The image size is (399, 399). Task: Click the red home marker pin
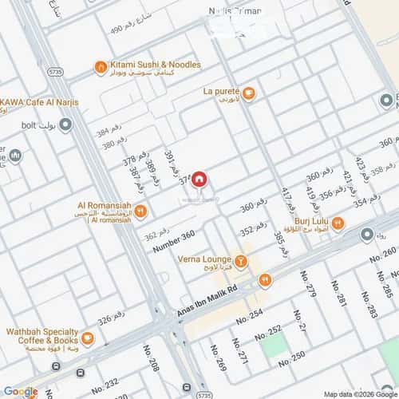[x=199, y=180]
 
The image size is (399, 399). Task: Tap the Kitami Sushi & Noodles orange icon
[x=100, y=66]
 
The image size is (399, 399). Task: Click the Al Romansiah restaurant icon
[x=140, y=211]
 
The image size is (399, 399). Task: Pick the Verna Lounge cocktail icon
[x=239, y=259]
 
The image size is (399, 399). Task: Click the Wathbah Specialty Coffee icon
[x=88, y=339]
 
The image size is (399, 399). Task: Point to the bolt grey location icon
[x=66, y=124]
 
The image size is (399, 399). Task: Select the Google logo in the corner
[x=20, y=391]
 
